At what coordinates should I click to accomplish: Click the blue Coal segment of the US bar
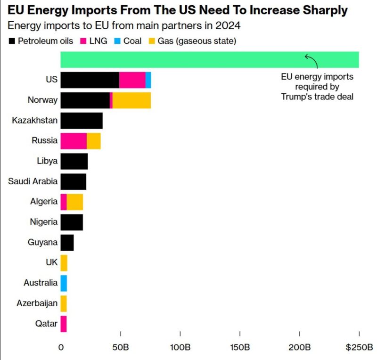pyautogui.click(x=148, y=80)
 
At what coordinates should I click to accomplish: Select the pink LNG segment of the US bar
pyautogui.click(x=132, y=80)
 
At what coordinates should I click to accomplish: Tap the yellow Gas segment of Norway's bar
pyautogui.click(x=131, y=100)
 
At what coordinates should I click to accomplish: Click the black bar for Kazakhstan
pyautogui.click(x=82, y=121)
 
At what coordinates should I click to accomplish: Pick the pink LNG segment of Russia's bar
pyautogui.click(x=74, y=141)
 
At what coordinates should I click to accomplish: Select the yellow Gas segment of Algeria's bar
pyautogui.click(x=75, y=202)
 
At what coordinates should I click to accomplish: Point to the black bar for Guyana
pyautogui.click(x=67, y=243)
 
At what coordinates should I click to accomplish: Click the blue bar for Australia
pyautogui.click(x=64, y=283)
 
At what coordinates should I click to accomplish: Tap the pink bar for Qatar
pyautogui.click(x=64, y=324)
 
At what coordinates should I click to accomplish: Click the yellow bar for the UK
pyautogui.click(x=64, y=263)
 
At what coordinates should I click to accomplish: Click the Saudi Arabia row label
pyautogui.click(x=33, y=181)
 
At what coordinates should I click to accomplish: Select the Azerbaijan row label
pyautogui.click(x=37, y=303)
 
